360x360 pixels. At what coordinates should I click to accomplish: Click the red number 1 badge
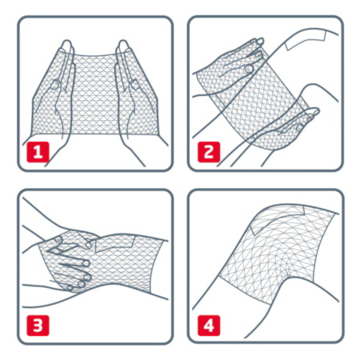coord(36,151)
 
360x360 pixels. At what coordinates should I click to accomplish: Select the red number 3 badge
coord(36,326)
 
